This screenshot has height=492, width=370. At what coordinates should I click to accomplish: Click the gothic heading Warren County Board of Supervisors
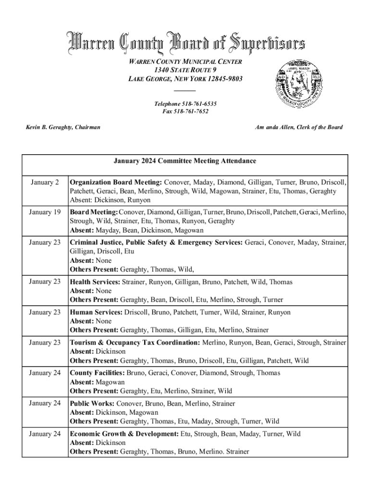click(185, 43)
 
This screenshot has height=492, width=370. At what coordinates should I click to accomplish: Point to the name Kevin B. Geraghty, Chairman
click(63, 127)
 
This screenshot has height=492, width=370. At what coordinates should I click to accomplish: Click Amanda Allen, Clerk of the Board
click(298, 127)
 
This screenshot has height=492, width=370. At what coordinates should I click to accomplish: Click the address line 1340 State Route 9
click(185, 70)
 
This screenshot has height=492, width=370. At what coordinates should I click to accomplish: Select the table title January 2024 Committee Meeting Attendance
click(185, 161)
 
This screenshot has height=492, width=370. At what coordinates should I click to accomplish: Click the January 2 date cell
click(45, 183)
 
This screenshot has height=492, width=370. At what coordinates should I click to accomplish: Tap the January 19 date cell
click(45, 212)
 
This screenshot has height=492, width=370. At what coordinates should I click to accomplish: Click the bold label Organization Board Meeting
click(116, 183)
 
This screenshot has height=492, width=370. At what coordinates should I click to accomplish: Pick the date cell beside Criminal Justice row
click(45, 243)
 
